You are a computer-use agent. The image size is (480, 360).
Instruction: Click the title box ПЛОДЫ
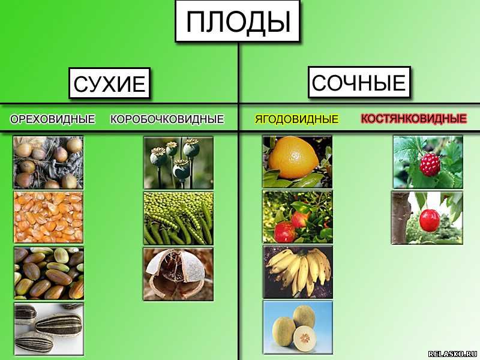[x=238, y=21]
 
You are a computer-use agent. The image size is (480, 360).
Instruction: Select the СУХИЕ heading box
[x=110, y=83]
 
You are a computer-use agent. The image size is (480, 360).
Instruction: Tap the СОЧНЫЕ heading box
[x=359, y=82]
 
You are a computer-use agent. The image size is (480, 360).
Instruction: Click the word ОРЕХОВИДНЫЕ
[x=52, y=119]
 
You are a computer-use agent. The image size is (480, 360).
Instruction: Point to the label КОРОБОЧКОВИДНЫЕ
[x=167, y=119]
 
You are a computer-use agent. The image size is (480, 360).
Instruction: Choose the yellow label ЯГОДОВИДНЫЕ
[x=296, y=119]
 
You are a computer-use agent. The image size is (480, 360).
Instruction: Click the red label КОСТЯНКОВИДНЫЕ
[x=414, y=118]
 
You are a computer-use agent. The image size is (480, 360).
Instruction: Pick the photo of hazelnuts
[x=49, y=163]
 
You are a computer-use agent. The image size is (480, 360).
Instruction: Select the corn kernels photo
[x=49, y=217]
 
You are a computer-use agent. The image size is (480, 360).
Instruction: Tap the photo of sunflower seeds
[x=49, y=329]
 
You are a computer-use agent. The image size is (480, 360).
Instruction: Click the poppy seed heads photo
[x=178, y=163]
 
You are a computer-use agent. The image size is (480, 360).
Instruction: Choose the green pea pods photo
[x=178, y=218]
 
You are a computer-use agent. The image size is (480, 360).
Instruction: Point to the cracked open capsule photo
[x=178, y=274]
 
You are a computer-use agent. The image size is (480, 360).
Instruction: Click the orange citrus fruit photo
[x=297, y=162]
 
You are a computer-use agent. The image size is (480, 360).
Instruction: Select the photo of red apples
[x=298, y=217]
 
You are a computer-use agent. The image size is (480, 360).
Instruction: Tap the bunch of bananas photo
[x=298, y=272]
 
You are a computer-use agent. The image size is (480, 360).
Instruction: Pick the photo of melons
[x=298, y=327]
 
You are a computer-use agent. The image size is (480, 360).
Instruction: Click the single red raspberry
[x=430, y=164]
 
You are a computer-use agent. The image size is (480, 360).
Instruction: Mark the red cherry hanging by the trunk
[x=430, y=220]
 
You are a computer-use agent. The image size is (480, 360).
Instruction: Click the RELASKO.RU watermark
[x=453, y=354]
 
